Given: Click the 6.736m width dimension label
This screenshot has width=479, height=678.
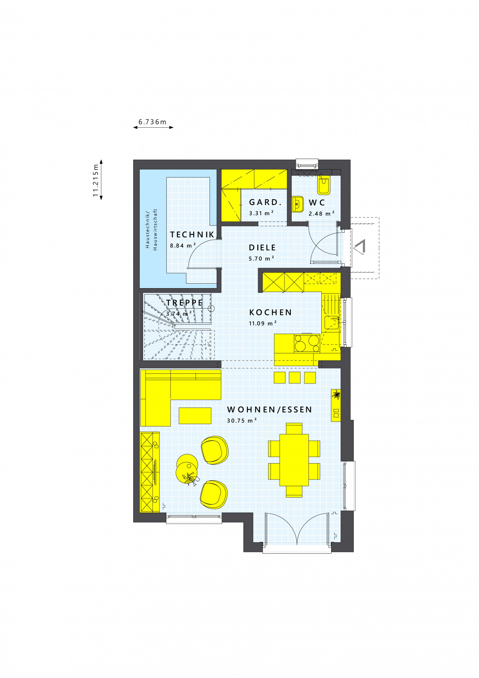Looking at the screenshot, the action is (x=152, y=122).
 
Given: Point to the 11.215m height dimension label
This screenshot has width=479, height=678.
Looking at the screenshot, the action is (x=96, y=180).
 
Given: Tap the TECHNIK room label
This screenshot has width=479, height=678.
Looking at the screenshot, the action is (x=192, y=235).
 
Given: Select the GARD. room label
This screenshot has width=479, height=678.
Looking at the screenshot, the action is (x=265, y=202).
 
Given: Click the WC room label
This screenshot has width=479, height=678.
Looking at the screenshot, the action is (x=317, y=203).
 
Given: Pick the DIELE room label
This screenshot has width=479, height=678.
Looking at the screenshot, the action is (x=262, y=248).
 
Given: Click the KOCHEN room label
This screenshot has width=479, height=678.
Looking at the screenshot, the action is (x=271, y=313).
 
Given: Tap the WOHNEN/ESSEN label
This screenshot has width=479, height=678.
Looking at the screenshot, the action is (x=269, y=410).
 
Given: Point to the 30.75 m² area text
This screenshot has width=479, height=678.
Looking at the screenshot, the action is (x=242, y=420).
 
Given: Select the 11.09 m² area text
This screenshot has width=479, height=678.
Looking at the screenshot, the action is (x=263, y=323).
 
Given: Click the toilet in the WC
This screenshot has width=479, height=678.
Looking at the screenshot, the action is (x=324, y=185).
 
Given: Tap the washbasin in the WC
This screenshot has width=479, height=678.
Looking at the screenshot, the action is (x=297, y=204).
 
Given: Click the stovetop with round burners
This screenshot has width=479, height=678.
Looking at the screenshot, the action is (x=307, y=343).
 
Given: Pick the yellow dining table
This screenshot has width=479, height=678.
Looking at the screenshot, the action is (x=294, y=460).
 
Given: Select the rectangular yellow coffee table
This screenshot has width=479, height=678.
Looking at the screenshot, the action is (x=195, y=415).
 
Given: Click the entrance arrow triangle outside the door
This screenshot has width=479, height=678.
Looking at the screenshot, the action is (x=359, y=247).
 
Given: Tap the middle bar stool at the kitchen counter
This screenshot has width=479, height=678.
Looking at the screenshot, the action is (x=295, y=377).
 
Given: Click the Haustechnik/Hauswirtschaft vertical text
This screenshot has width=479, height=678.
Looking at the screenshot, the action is (x=151, y=229).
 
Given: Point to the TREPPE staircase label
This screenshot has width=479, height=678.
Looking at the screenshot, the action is (x=184, y=303).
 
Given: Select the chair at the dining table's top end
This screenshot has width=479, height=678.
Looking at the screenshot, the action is (x=294, y=428).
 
